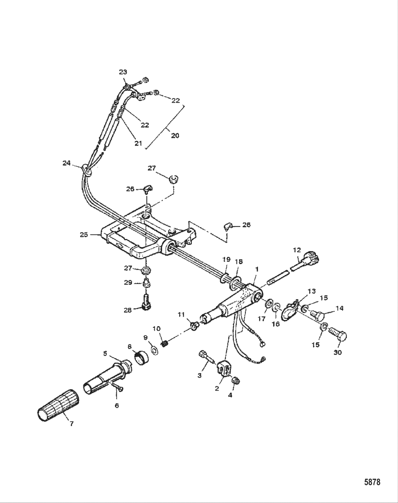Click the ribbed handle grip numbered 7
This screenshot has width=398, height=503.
57,406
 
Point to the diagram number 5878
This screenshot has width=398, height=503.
372,482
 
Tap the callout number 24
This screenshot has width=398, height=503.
66,163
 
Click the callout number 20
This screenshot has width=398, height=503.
175,135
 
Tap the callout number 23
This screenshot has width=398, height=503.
123,72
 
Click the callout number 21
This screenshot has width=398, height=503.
138,143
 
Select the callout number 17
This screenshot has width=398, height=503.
262,319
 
